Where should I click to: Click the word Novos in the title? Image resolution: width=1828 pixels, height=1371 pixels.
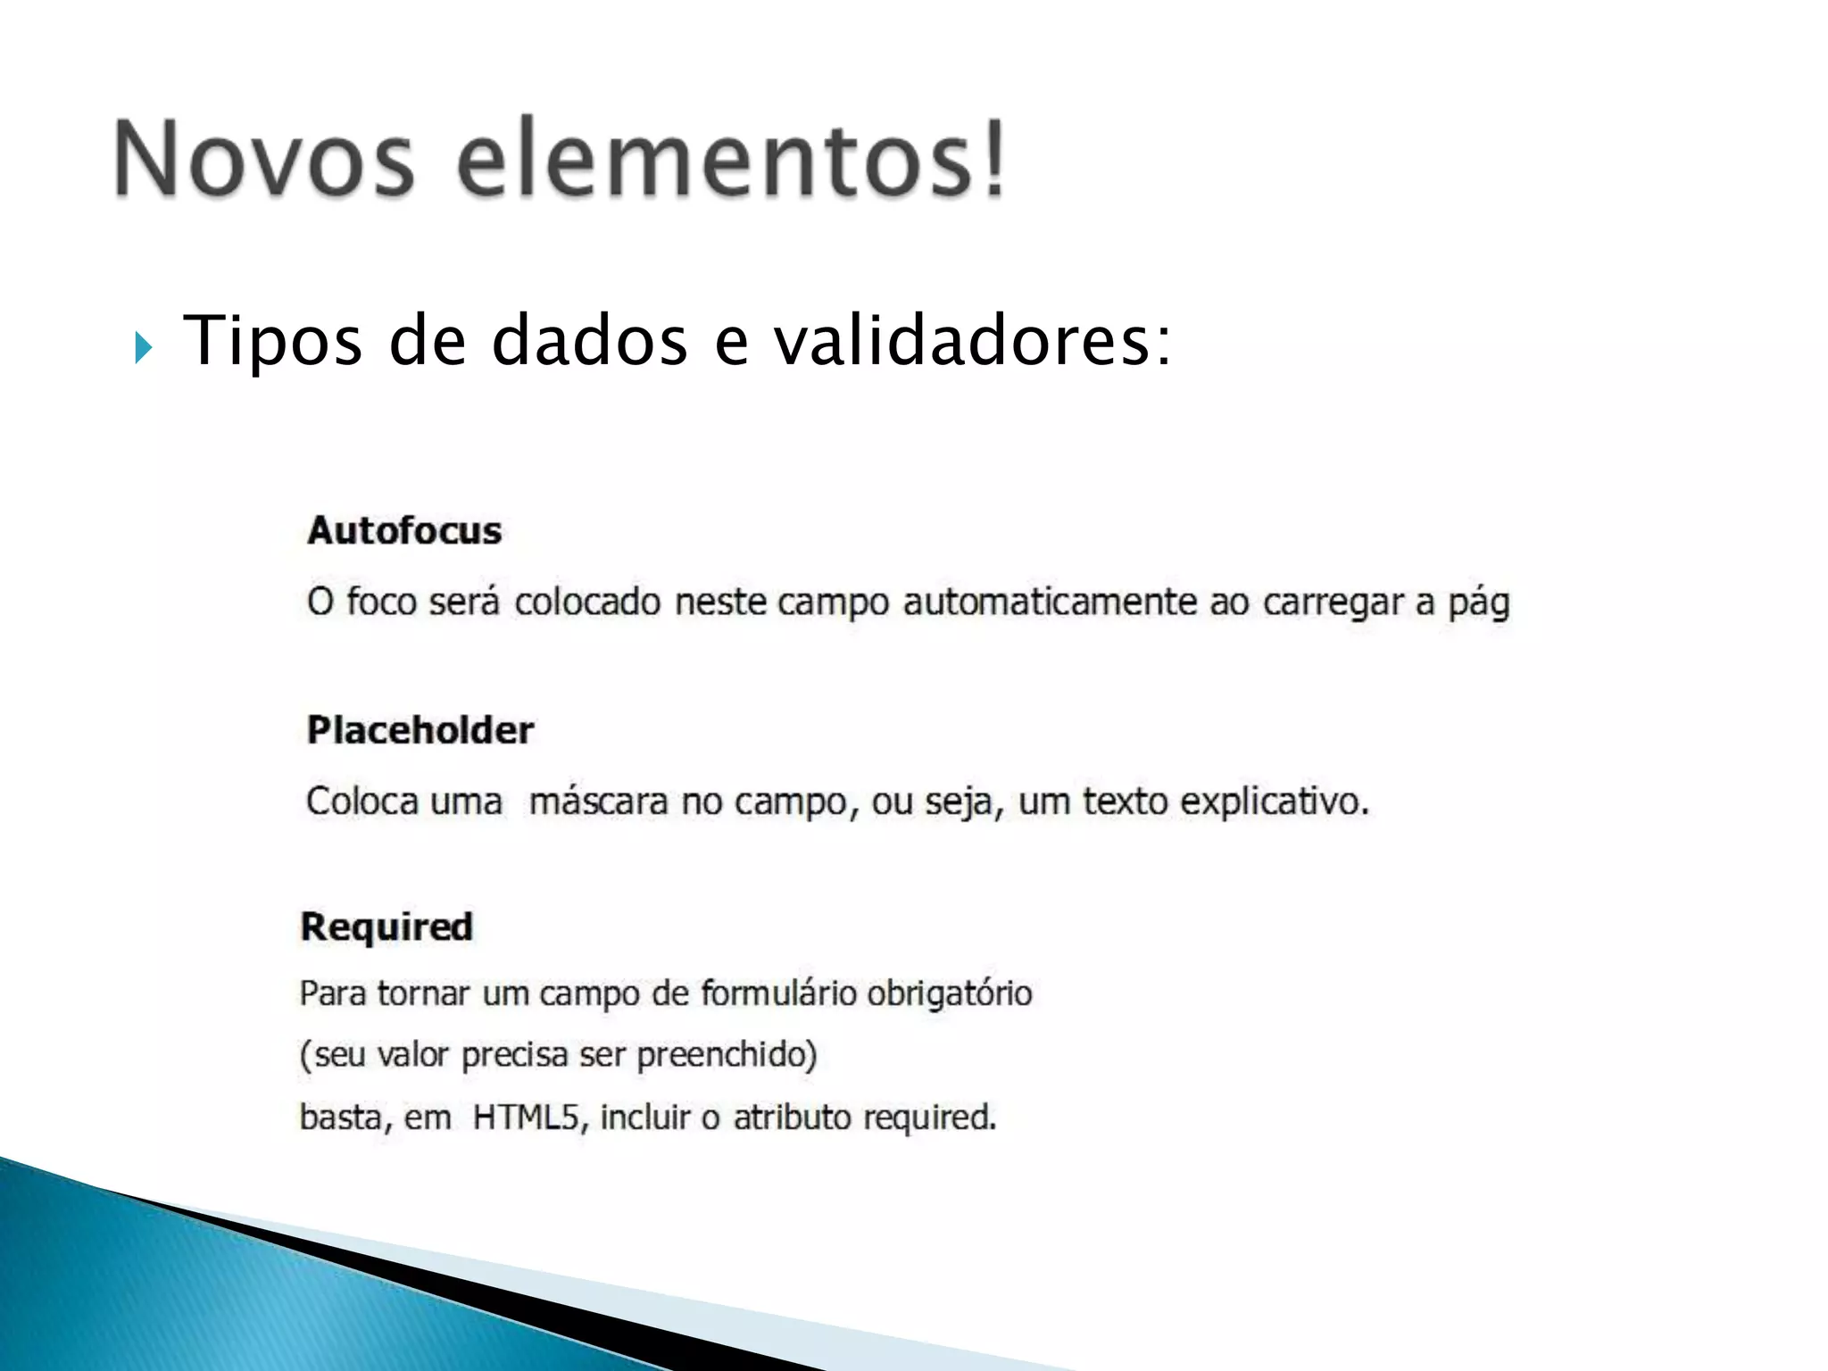click(264, 159)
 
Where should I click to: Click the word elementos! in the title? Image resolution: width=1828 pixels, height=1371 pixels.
click(732, 159)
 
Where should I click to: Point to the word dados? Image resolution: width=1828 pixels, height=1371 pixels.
click(589, 341)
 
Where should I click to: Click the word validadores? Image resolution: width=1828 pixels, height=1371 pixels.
click(972, 341)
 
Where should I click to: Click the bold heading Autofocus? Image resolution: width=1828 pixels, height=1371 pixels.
click(404, 531)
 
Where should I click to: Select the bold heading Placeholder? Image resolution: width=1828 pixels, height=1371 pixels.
click(420, 730)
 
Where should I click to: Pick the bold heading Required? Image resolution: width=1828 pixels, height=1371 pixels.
click(386, 926)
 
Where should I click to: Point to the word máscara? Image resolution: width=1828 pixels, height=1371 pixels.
click(598, 802)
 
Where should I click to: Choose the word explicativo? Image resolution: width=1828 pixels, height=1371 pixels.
click(1274, 802)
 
